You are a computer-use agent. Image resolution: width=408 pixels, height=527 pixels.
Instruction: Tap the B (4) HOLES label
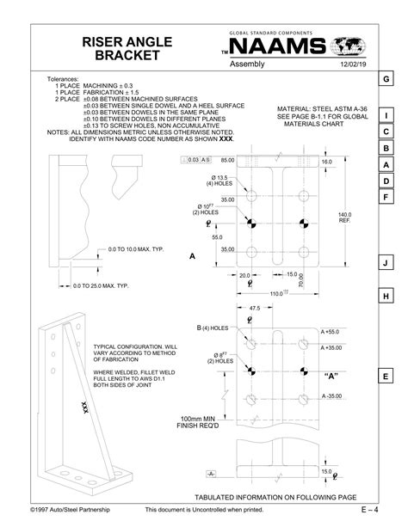(188, 328)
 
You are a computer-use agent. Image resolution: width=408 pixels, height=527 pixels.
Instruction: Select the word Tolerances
(64, 79)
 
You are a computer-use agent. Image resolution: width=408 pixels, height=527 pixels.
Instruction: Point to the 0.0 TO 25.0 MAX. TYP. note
(101, 285)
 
